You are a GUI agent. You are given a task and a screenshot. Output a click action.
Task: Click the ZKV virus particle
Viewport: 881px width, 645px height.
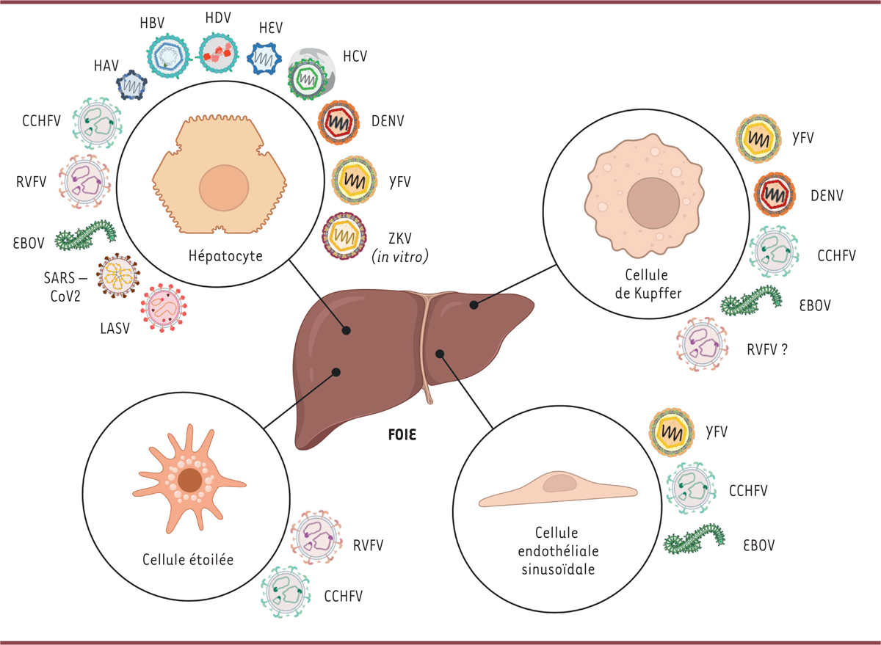coord(344,235)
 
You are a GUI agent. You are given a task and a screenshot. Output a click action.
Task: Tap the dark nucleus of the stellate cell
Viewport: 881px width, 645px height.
coord(191,481)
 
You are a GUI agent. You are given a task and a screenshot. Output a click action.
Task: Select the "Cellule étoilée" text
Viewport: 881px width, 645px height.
coord(192,560)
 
